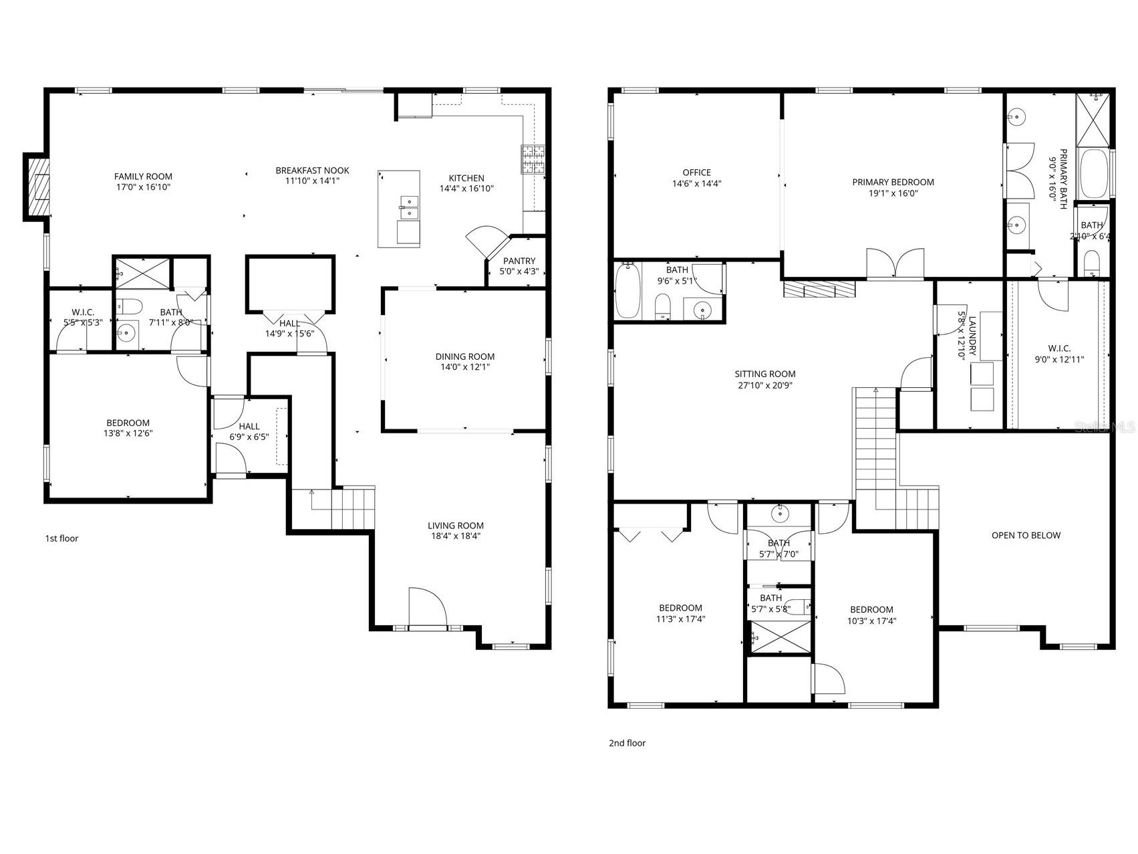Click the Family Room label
coord(143,177)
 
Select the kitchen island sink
coord(408,208)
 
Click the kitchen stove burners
coord(533,160)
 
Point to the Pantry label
coord(519,261)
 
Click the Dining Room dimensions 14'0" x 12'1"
coord(465,367)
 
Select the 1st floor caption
coord(61,538)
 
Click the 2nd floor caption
coord(627,743)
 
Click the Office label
coord(696,173)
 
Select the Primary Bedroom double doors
coord(895,263)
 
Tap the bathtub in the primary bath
coord(1094,173)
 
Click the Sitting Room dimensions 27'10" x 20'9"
coord(765,385)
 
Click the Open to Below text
coord(1026,535)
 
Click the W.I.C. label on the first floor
coord(83,312)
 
